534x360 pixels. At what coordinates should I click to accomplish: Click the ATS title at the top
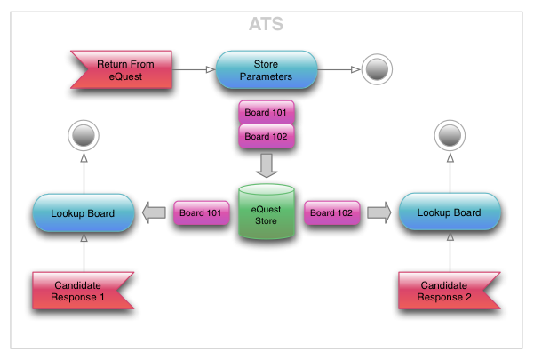coord(267,26)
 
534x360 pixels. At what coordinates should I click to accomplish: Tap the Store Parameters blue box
coord(267,69)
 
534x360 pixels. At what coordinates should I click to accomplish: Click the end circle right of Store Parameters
coord(376,69)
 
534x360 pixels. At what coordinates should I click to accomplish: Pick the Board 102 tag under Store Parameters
coord(267,137)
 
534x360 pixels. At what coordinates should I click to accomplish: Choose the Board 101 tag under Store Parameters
coord(267,113)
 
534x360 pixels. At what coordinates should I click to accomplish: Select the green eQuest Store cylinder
coord(267,212)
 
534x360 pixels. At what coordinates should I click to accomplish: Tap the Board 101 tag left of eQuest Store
coord(202,212)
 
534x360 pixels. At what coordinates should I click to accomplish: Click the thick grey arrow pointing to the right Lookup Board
coord(379,212)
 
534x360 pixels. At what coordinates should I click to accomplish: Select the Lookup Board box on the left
coord(84,212)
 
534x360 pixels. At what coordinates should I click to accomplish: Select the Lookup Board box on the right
coord(450,212)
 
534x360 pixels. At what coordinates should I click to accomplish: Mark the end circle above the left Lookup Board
coord(84,136)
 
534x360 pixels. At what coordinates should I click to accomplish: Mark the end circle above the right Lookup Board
coord(450,136)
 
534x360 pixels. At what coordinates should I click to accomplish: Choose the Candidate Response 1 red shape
coord(84,291)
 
